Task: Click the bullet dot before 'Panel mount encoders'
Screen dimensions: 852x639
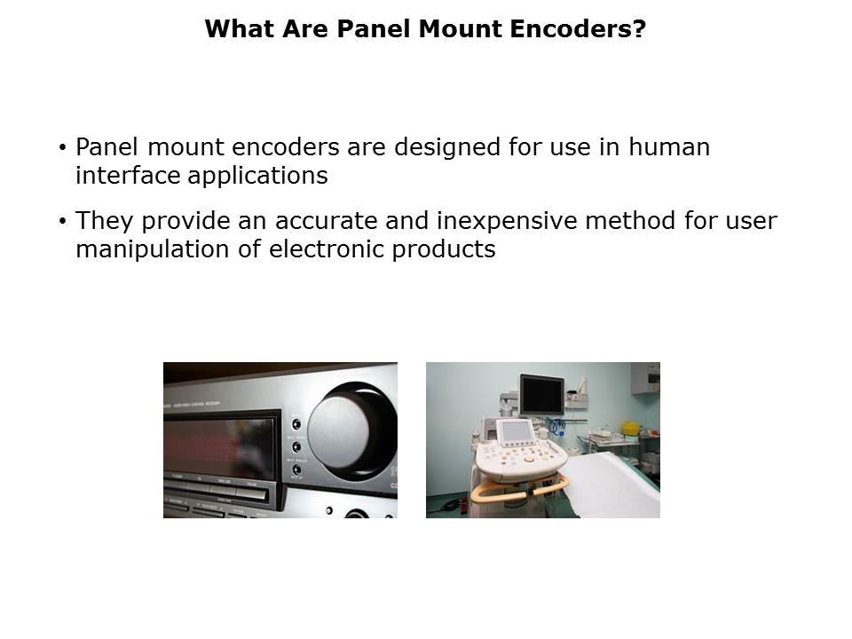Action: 63,147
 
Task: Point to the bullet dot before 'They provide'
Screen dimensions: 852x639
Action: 63,221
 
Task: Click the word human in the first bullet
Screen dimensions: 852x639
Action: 669,146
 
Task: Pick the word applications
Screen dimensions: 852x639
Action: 257,176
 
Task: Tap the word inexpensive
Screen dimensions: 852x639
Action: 507,222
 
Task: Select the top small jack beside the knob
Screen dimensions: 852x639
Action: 296,424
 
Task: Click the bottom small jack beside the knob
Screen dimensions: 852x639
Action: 296,469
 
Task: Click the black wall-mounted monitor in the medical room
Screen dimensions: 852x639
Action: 541,394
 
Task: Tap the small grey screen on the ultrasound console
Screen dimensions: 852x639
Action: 516,432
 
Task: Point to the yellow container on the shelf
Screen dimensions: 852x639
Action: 631,428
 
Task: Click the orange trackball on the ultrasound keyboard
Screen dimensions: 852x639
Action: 529,459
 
